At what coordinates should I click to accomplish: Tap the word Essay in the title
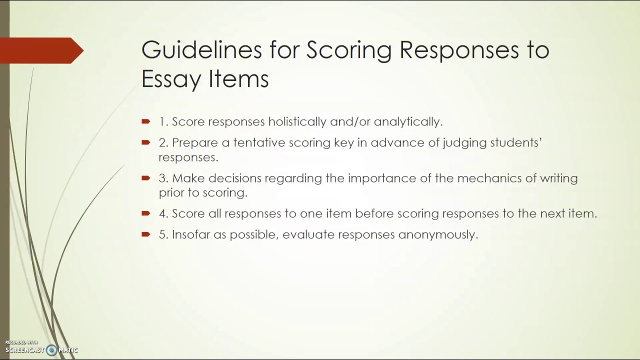click(x=167, y=79)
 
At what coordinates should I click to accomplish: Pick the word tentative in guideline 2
click(x=262, y=142)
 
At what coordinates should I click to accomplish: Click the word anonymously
click(x=438, y=234)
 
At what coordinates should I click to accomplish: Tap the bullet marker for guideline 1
click(x=146, y=121)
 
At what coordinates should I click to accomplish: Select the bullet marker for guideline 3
click(x=146, y=178)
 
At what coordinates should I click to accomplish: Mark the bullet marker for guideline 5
click(x=146, y=234)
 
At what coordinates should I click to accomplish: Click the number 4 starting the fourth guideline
click(x=162, y=213)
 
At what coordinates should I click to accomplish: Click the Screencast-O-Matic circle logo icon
click(x=51, y=350)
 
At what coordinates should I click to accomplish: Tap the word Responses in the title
click(x=462, y=50)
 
